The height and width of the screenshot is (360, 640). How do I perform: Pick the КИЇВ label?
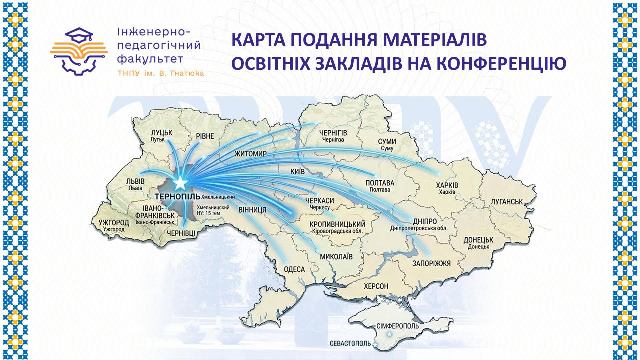click(296, 171)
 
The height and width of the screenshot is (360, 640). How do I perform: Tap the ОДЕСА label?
click(294, 269)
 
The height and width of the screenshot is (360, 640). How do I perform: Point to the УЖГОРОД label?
click(118, 224)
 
